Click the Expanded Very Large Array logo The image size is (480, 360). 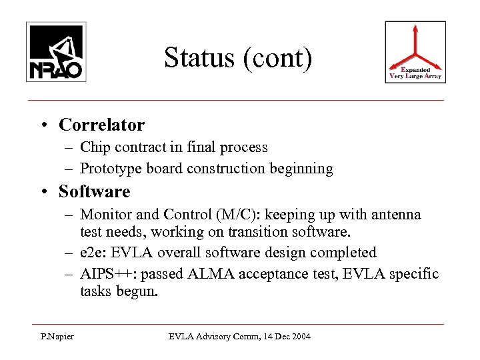tap(415, 52)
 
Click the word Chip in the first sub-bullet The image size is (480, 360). tap(93, 147)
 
